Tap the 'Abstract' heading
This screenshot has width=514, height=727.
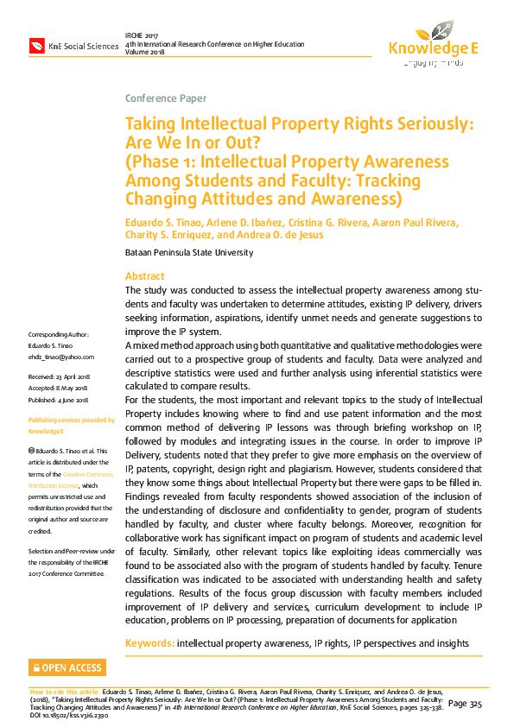tap(146, 275)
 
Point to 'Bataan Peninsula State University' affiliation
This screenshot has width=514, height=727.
tap(189, 252)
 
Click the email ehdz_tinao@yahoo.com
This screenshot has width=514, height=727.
tap(61, 356)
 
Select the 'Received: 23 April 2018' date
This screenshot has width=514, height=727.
tap(65, 377)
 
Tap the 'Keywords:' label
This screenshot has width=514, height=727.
tap(150, 643)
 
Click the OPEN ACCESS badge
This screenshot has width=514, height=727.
tap(67, 667)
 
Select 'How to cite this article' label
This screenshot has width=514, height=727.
tap(63, 692)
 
